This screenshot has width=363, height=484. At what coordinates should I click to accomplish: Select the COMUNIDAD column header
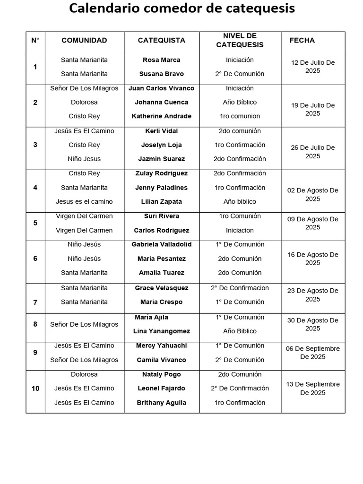point(84,41)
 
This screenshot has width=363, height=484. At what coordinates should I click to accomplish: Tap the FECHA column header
point(302,41)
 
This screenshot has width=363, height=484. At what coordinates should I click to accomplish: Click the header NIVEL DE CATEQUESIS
point(240,41)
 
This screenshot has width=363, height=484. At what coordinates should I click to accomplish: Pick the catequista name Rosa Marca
point(161,60)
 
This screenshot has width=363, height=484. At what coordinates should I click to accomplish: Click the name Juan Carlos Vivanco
point(161,88)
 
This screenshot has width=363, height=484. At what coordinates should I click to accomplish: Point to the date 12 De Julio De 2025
point(312,67)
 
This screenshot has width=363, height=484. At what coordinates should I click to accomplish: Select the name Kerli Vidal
point(161,131)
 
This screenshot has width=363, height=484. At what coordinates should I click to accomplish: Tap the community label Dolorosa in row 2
point(84,102)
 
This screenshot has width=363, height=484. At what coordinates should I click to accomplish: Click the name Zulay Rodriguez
point(161,173)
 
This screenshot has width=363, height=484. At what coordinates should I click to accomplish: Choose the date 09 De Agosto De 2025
point(312,223)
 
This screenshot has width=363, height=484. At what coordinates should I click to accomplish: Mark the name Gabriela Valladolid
point(161,244)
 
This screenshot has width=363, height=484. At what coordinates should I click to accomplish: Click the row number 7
point(35,302)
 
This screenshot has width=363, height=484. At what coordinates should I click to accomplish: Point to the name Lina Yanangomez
point(161,331)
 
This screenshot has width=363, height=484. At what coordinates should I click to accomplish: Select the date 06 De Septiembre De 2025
point(312,353)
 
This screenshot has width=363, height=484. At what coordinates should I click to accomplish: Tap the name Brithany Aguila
point(161,403)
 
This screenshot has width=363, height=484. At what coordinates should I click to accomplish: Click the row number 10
point(35,389)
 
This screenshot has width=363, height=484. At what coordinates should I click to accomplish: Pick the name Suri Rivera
point(161,216)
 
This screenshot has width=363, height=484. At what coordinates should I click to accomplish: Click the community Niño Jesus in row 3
point(84,159)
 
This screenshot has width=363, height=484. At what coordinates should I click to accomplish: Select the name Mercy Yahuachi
point(161,346)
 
